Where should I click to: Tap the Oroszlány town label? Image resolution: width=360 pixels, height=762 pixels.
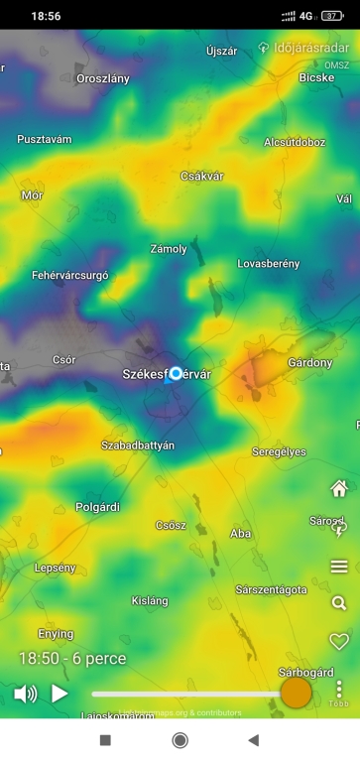click(103, 78)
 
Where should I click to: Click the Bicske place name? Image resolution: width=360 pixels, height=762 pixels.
click(316, 76)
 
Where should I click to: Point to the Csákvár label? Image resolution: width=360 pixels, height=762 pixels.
click(202, 176)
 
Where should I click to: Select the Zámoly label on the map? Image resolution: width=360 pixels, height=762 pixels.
click(168, 249)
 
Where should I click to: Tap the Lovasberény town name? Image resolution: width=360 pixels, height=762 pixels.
click(268, 264)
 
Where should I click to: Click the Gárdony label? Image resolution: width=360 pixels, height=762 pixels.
click(309, 363)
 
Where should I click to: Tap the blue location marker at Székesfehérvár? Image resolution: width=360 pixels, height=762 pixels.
click(177, 373)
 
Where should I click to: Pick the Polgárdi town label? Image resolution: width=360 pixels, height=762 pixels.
click(97, 507)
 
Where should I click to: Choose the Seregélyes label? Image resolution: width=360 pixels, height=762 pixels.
click(279, 451)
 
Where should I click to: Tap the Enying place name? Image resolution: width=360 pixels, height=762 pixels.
click(56, 634)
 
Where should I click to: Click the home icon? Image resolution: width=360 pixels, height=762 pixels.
click(339, 488)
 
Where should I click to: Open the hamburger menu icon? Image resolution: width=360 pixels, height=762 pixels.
click(339, 567)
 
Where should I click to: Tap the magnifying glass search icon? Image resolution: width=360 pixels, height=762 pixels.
click(339, 603)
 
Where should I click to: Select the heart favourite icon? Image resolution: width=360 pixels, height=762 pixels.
click(339, 641)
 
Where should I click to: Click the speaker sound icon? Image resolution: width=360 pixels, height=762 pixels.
click(26, 694)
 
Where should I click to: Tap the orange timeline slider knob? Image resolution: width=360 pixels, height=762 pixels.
click(296, 693)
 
